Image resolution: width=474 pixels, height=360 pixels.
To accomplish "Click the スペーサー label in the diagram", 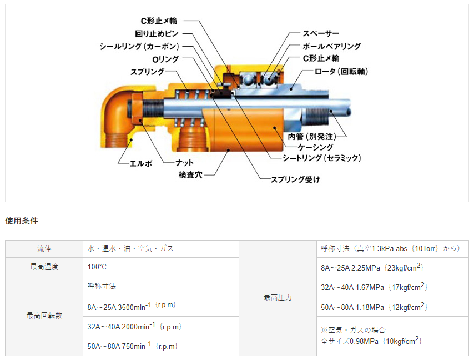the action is pos(321,33).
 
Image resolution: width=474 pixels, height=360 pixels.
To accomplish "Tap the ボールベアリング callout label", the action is pos(331,46).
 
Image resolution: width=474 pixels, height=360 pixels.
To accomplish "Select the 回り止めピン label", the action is pos(157,33).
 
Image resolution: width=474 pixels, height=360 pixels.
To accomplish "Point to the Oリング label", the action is pos(165,59).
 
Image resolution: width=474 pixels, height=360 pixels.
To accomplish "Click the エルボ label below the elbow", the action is pos(141,163).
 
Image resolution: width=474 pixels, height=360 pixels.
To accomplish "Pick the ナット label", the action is pos(184,163).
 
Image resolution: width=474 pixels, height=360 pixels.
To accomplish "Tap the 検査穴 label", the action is pos(190,175).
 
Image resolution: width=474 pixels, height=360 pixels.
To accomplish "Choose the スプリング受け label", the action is pos(295,179).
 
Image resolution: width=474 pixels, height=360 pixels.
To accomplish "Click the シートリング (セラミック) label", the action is pos(322,158).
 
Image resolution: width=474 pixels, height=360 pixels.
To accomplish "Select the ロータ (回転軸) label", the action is pos(341,72).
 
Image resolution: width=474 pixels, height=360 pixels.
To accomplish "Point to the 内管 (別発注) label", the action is pos(312,137).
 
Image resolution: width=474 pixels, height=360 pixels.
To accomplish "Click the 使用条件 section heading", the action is pos(22,221).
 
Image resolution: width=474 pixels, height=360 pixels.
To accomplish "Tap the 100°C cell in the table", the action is pos(97,267).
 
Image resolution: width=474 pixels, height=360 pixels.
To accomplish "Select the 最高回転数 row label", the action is pos(44,316).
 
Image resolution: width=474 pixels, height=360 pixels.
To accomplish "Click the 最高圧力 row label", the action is pos(278,297).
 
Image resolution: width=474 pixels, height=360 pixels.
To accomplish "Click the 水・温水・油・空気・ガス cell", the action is pos(130,248).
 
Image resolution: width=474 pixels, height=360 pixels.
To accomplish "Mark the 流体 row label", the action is pos(44,248).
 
